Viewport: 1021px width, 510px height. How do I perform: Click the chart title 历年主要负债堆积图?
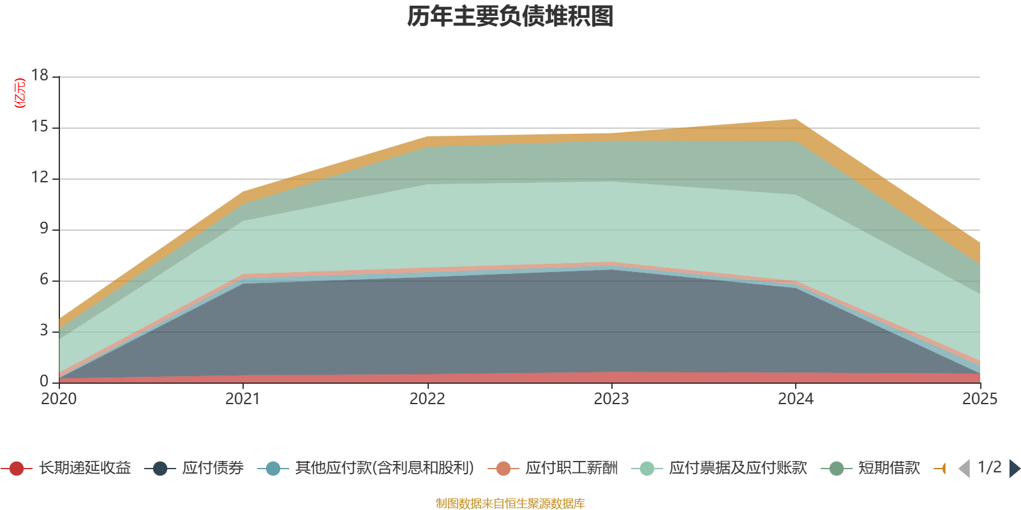click(510, 17)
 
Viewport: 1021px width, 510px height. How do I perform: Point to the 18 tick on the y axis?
click(40, 75)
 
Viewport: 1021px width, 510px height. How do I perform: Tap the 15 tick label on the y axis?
click(40, 126)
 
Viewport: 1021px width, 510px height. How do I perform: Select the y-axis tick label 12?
click(40, 177)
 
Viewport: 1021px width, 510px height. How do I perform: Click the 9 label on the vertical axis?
click(44, 228)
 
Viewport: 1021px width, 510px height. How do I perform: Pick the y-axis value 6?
click(44, 279)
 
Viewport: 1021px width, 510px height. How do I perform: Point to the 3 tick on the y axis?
click(44, 330)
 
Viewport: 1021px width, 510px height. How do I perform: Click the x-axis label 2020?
click(59, 399)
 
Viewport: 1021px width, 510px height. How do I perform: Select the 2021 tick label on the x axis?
click(243, 399)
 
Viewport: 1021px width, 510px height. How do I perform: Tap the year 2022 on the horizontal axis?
click(427, 399)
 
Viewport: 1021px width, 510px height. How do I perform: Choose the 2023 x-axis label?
click(611, 399)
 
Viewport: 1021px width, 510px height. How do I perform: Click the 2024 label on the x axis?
click(796, 399)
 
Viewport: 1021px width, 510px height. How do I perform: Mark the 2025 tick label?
click(980, 399)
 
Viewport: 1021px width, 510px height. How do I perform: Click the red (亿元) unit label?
click(20, 93)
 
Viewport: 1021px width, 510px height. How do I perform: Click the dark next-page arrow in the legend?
click(1015, 469)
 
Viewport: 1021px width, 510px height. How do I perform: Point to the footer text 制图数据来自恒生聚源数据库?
click(510, 503)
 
